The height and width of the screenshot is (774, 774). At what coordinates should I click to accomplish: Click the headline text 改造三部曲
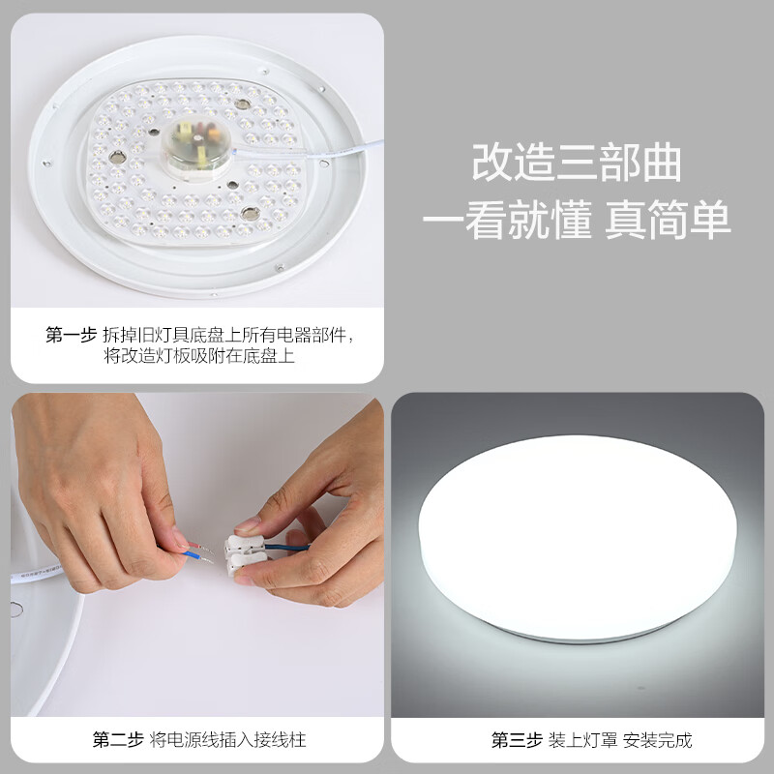[x=576, y=163]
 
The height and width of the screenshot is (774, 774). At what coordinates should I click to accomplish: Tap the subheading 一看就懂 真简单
[x=576, y=220]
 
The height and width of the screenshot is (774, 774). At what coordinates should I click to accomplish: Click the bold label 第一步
[x=71, y=335]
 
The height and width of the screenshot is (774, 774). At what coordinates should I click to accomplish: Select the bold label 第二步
[x=118, y=739]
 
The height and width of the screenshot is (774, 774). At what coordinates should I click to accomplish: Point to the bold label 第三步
[x=517, y=739]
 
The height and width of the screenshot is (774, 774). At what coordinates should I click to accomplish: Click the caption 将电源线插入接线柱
[x=227, y=739]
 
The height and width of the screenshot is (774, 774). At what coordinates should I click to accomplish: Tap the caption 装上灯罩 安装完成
[x=620, y=739]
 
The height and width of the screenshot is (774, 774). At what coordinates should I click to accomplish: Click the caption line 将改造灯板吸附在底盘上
[x=199, y=355]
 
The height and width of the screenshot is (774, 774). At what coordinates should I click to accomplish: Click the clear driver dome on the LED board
[x=196, y=146]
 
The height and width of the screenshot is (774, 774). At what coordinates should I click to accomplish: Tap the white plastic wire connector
[x=246, y=553]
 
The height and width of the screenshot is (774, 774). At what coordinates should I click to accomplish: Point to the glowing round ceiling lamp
[x=577, y=538]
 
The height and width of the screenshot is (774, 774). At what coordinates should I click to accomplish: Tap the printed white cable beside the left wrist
[x=36, y=574]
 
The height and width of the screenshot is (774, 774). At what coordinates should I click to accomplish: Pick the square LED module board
[x=195, y=162]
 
